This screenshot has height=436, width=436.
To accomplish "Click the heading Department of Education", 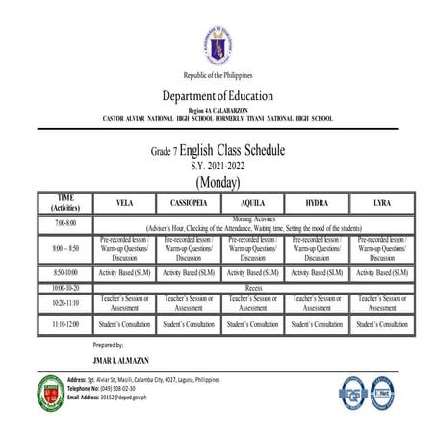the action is coord(218,96).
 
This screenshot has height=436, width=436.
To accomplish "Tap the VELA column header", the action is coord(124,204).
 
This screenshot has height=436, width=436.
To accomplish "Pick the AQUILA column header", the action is coord(253,204).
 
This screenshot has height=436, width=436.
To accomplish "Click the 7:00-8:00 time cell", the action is coord(65,223).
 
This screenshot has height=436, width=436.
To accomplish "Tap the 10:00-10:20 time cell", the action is coord(65,287).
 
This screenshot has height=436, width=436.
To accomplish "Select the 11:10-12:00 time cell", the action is coord(65,324).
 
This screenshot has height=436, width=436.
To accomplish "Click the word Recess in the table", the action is coord(254,287).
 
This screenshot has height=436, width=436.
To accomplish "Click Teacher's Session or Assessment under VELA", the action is coord(124,303).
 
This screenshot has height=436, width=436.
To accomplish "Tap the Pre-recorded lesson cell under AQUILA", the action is coord(253,248).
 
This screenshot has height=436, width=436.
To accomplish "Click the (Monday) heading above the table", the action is coord(218,181).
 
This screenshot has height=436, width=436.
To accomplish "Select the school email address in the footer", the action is coord(114,397).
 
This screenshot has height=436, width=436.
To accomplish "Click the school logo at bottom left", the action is coord(50,389).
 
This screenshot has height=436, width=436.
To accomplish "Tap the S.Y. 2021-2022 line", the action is coord(218,166).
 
